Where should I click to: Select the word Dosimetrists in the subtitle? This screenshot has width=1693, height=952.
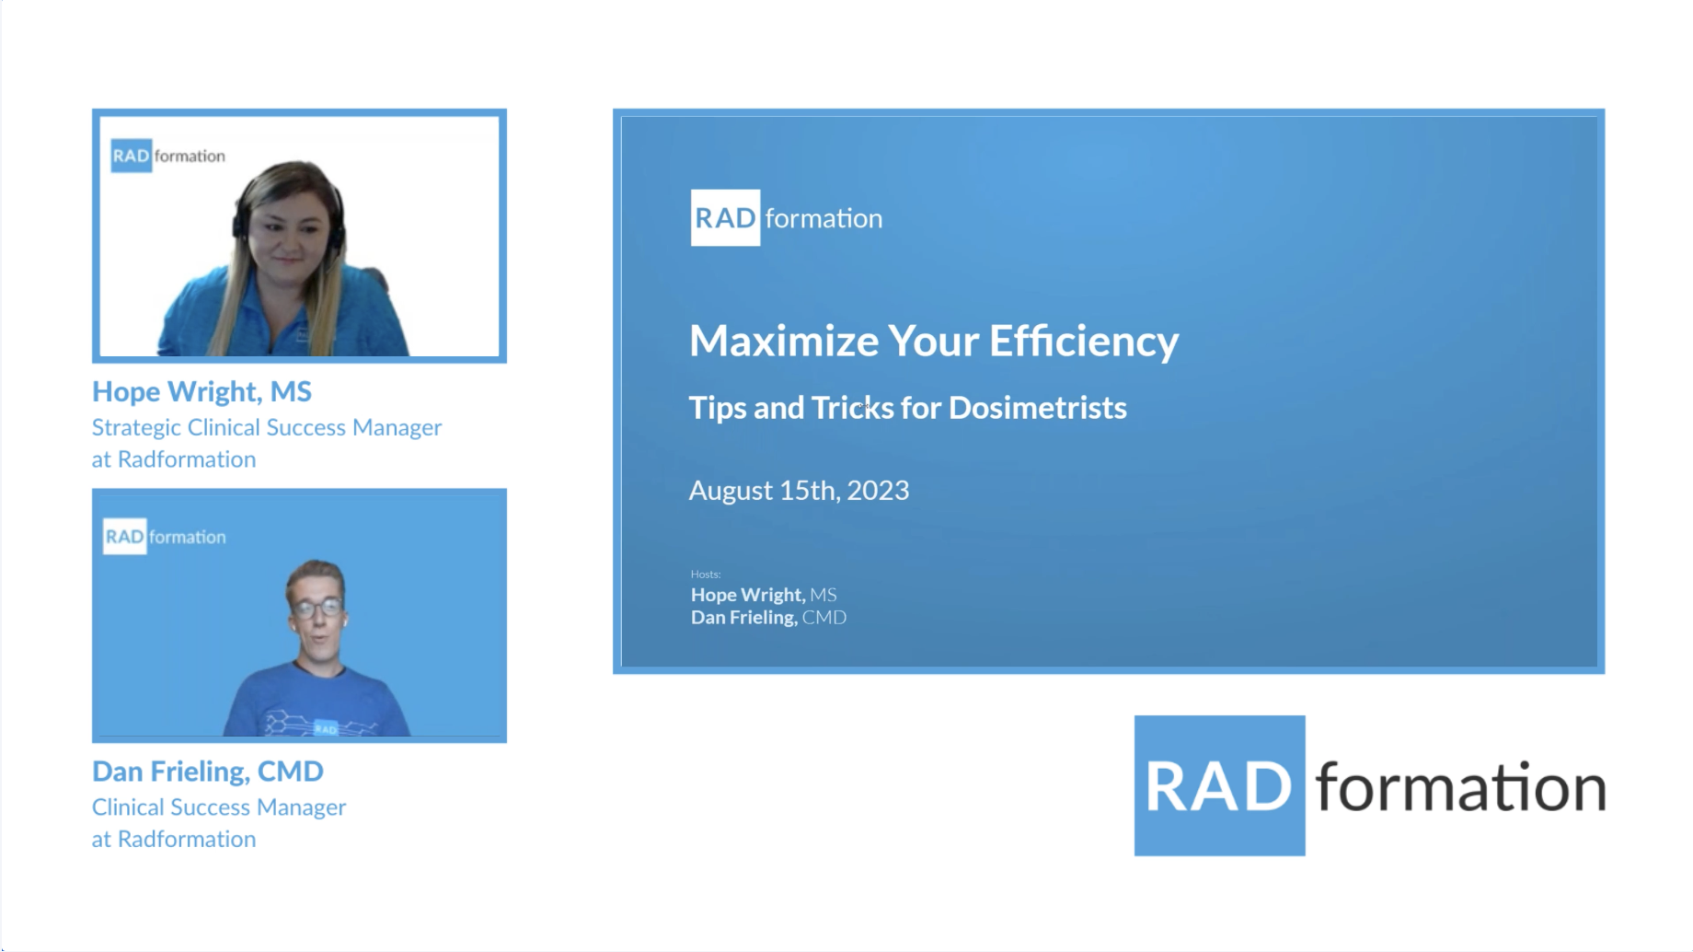click(x=1037, y=408)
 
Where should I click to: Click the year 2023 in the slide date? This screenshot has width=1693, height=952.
click(x=878, y=491)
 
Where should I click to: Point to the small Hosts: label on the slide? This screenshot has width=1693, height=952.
click(x=706, y=574)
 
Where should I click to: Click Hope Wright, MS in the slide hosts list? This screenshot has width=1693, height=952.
click(x=764, y=595)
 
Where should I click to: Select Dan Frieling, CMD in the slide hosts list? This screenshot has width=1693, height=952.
click(x=768, y=618)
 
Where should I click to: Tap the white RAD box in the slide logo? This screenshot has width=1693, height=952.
click(x=725, y=218)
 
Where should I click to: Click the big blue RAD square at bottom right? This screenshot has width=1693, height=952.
click(x=1219, y=786)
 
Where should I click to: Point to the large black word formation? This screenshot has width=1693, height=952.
click(x=1460, y=788)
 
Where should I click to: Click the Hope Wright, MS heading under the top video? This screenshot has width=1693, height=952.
click(x=202, y=391)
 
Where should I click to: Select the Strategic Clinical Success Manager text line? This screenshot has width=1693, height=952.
click(x=267, y=427)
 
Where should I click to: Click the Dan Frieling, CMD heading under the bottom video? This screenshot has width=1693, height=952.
click(x=208, y=772)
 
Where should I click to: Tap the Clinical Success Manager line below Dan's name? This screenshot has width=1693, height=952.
click(x=219, y=807)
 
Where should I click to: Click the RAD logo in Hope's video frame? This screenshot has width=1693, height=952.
click(x=132, y=156)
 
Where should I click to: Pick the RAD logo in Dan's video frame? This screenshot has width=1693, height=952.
click(x=125, y=537)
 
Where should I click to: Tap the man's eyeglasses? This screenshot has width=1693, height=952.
click(x=317, y=608)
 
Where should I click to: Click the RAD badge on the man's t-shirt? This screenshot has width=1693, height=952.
click(x=326, y=728)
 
